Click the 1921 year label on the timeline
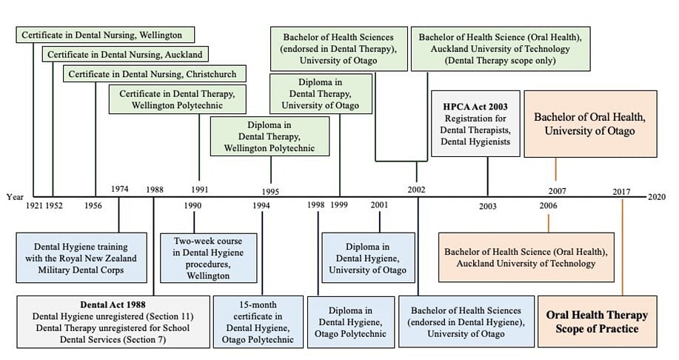click(x=34, y=205)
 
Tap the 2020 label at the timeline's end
click(x=656, y=197)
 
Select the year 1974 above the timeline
click(x=120, y=189)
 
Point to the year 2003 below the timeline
click(x=488, y=206)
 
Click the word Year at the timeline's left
click(x=15, y=197)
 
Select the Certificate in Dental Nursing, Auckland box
click(x=124, y=54)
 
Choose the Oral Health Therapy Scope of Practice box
click(x=597, y=321)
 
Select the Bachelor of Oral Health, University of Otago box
click(x=589, y=124)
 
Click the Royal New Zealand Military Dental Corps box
click(x=76, y=258)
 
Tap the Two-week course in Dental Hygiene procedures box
click(x=208, y=258)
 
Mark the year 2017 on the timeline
click(x=622, y=192)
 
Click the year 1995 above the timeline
click(x=270, y=192)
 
